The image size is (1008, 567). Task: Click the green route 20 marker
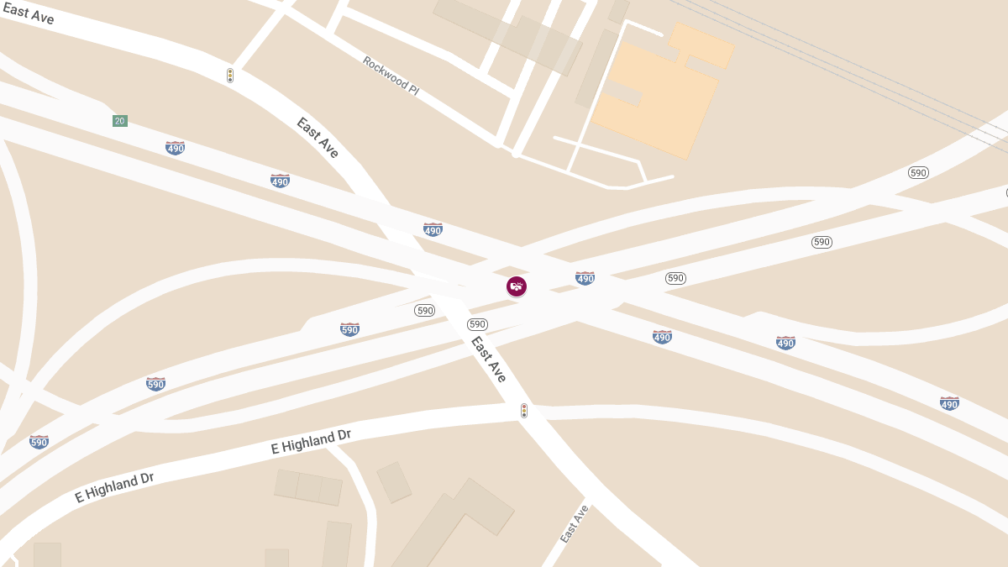point(120,121)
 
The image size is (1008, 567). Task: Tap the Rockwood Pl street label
point(391,75)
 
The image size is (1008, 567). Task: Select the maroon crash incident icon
point(517,286)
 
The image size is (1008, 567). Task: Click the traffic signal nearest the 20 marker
point(230,76)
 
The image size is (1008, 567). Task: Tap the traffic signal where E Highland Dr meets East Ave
point(524,411)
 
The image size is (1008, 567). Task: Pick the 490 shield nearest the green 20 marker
point(175,148)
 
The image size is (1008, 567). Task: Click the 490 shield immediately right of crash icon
point(585,278)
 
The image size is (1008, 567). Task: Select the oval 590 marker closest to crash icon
point(478,324)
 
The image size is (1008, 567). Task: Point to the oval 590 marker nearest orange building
point(918,173)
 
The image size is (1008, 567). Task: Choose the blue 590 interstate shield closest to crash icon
point(349,329)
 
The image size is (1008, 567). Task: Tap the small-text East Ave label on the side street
point(575,523)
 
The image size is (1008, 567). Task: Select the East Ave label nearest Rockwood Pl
point(318,138)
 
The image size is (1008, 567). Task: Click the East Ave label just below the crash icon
point(488,360)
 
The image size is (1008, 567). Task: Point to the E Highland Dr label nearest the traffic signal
point(311,442)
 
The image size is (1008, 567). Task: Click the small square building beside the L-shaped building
point(393,482)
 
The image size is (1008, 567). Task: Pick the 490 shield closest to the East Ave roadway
point(433,229)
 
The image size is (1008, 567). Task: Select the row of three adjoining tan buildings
point(308,488)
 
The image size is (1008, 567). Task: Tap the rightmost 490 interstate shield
point(949,403)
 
